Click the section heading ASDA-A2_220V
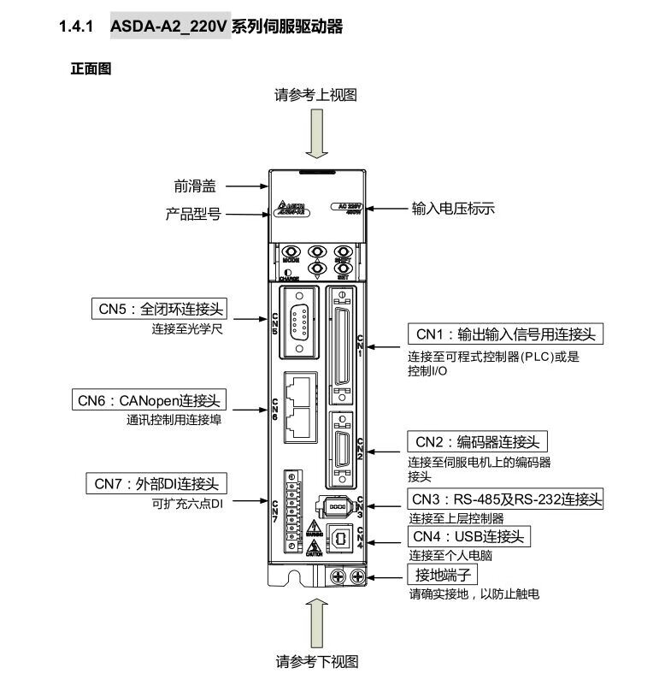pyautogui.click(x=170, y=27)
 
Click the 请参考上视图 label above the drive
pyautogui.click(x=315, y=94)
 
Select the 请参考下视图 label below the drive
pyautogui.click(x=316, y=661)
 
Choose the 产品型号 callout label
pyautogui.click(x=192, y=214)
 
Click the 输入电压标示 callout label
pyautogui.click(x=453, y=208)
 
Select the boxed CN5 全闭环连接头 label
pyautogui.click(x=162, y=308)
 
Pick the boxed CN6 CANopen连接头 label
pyautogui.click(x=150, y=399)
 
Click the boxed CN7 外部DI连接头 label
pyautogui.click(x=157, y=484)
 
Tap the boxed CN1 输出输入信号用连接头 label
pyautogui.click(x=505, y=334)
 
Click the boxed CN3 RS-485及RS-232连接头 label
pyautogui.click(x=505, y=499)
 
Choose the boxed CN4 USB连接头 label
pyautogui.click(x=467, y=536)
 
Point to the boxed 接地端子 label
pyautogui.click(x=444, y=574)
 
